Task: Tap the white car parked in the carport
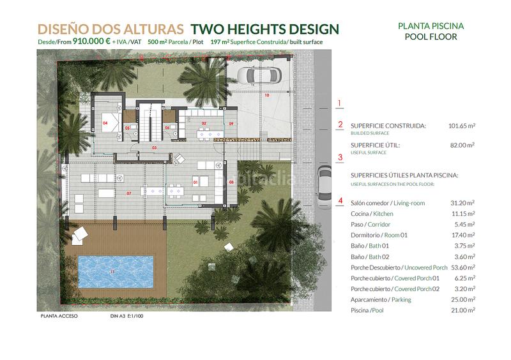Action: (260, 76)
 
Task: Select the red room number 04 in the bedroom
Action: (105, 122)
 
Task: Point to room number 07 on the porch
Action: (128, 193)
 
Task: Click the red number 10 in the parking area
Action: (267, 96)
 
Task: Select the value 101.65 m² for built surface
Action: (462, 126)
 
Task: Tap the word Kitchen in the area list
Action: (383, 214)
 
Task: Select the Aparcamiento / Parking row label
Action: (381, 299)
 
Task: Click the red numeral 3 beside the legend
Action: (340, 157)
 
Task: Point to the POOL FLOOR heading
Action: (431, 37)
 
